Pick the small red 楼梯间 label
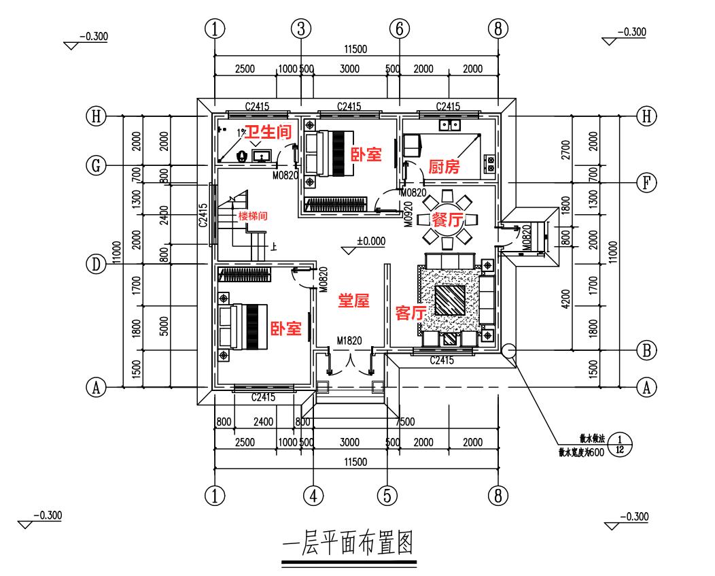pos(252,216)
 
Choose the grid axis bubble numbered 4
pos(313,495)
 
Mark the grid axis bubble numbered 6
pos(399,29)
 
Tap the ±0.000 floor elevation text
pos(370,240)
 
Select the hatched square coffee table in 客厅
pos(449,300)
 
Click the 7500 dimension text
pos(404,422)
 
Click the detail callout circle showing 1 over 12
pos(617,445)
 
